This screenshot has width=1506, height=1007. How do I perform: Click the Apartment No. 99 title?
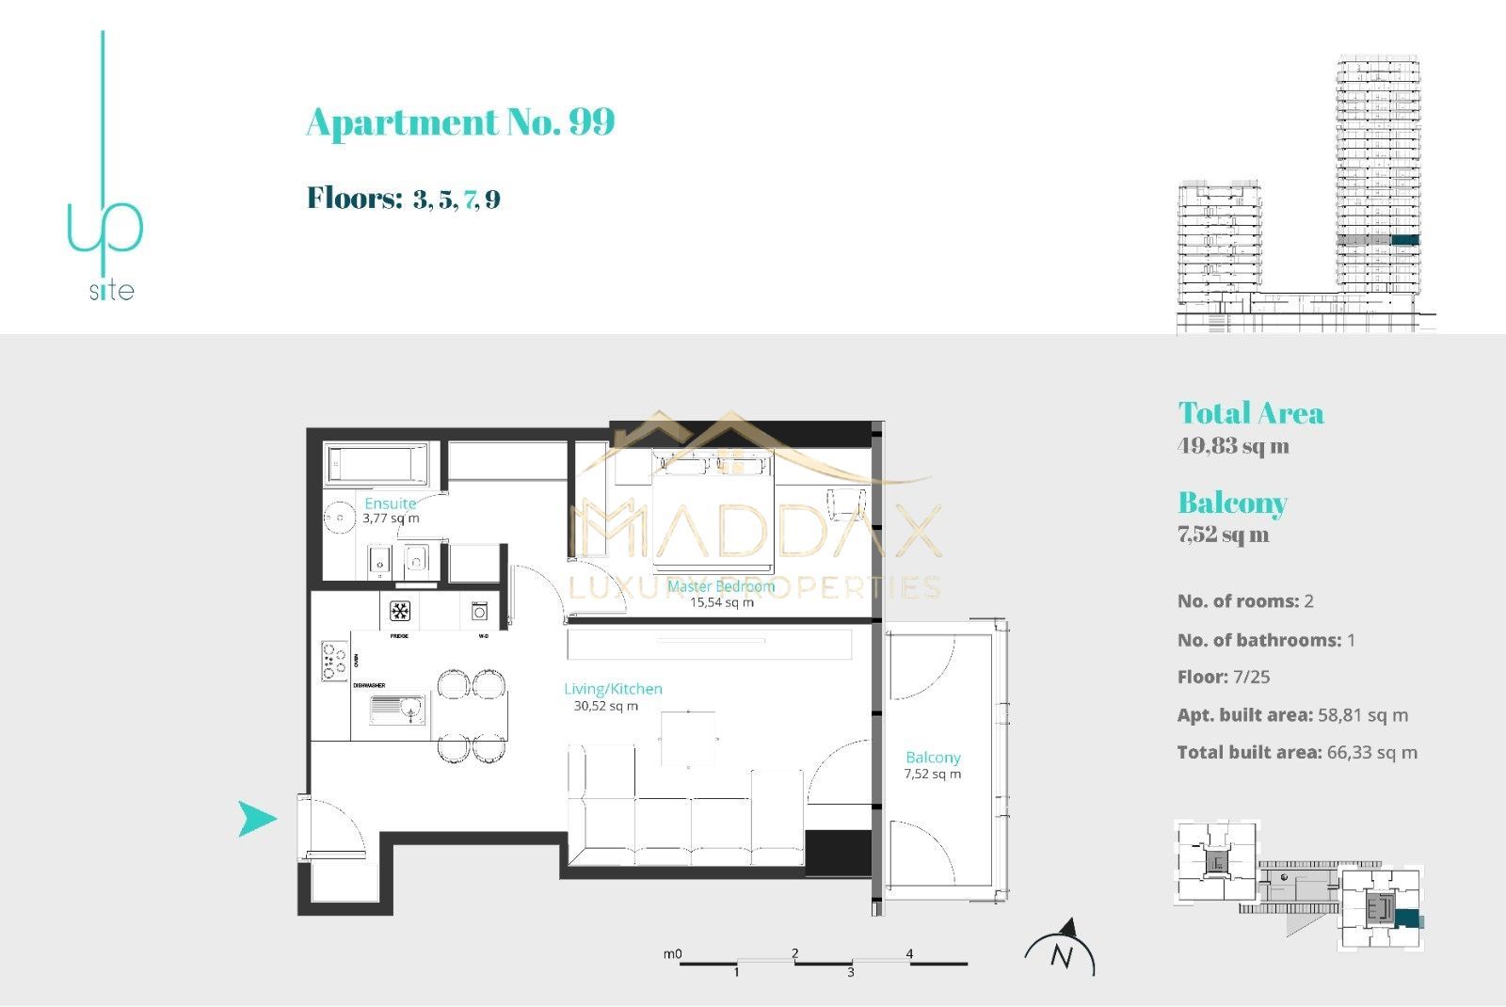(x=460, y=122)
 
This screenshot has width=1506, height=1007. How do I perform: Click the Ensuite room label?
(x=391, y=503)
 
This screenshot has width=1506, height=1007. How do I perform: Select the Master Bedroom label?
(x=721, y=586)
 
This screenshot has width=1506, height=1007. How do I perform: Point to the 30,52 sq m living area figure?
(x=605, y=706)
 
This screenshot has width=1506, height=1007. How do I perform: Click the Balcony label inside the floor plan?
(x=933, y=758)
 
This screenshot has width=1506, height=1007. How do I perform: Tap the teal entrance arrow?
(x=256, y=819)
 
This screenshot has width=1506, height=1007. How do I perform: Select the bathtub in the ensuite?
(x=376, y=465)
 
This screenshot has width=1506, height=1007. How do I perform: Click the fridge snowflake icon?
(x=400, y=612)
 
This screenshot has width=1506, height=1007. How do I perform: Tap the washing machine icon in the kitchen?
(x=480, y=612)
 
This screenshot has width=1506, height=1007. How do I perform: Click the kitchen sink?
(x=397, y=710)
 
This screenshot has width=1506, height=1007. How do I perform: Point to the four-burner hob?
(x=335, y=661)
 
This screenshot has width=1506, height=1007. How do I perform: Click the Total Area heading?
(x=1250, y=413)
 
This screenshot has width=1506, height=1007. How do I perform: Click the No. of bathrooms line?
(x=1266, y=640)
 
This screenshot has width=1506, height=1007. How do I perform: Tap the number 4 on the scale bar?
(x=909, y=953)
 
